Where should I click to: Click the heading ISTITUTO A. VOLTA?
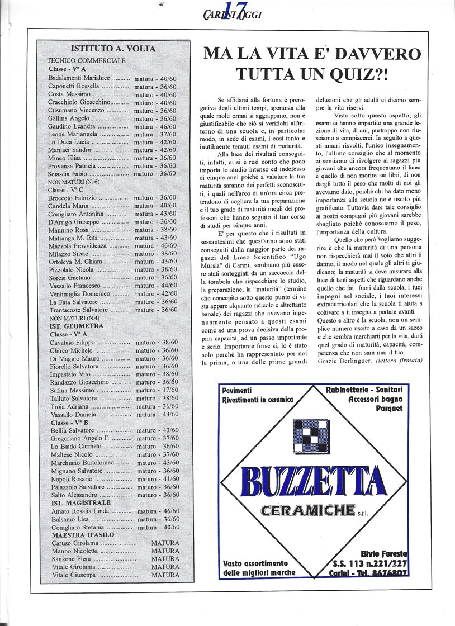coord(113,49)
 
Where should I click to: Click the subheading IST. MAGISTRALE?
coord(81,503)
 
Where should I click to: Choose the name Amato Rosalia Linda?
coord(80,511)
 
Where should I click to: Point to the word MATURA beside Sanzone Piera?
coord(165,559)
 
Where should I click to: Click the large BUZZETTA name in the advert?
coord(314,482)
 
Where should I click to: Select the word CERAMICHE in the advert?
coord(309,510)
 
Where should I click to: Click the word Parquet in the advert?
coord(390,408)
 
